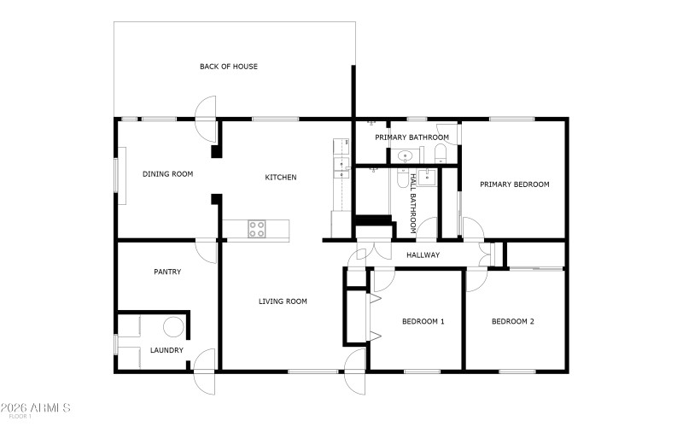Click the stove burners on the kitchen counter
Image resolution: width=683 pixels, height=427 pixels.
point(257,228)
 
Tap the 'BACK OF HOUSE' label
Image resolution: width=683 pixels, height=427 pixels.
point(229,67)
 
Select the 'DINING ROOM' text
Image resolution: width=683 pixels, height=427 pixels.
point(167,174)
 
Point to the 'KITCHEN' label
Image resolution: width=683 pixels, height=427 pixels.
point(280,178)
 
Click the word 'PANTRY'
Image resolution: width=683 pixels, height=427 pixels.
point(167,272)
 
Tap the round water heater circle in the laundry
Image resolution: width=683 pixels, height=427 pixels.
point(173,327)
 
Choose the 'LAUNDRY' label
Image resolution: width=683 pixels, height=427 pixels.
point(166,350)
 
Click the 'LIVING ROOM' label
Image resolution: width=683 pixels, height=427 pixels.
point(283,301)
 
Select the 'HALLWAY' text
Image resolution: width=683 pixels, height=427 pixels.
point(423,255)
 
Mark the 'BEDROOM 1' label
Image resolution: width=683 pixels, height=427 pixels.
point(423,322)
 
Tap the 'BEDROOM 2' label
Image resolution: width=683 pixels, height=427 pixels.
point(512,322)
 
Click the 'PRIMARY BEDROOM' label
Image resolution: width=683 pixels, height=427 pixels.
point(514,184)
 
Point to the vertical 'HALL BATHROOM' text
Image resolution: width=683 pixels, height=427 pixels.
point(414,203)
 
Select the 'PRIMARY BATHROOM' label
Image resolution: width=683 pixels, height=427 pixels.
point(413,137)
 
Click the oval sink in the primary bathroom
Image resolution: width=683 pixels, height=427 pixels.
point(407,156)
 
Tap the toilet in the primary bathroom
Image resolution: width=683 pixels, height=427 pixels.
point(441,155)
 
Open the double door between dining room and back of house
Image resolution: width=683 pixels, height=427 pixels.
point(206,120)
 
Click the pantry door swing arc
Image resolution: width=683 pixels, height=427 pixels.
point(205,251)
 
